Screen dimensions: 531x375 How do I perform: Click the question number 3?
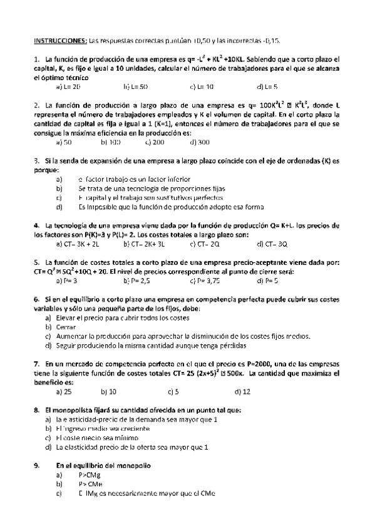point(36,160)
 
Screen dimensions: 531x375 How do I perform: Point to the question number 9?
point(36,465)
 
